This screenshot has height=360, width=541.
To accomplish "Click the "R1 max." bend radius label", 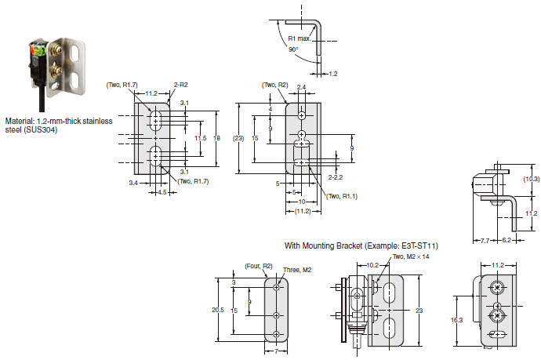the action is (x=300, y=38).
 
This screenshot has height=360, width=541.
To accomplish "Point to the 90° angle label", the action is (x=293, y=49).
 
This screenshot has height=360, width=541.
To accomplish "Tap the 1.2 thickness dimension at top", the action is (x=333, y=74).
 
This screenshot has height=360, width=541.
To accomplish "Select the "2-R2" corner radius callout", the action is (x=181, y=85).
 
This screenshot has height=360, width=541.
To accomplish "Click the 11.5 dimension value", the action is (x=201, y=138).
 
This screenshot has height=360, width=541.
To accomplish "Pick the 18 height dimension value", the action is (x=216, y=138).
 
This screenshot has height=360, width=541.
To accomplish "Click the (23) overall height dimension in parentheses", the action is (x=239, y=138).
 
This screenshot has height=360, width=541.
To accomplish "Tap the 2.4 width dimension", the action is (x=301, y=87).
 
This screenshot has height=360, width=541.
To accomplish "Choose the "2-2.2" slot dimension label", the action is (x=336, y=177).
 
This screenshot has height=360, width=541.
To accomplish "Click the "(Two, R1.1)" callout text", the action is (x=342, y=196).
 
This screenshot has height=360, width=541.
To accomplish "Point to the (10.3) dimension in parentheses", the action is (x=531, y=179).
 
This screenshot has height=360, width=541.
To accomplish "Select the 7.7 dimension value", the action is (x=485, y=240).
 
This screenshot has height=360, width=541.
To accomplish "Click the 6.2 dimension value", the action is (x=507, y=240).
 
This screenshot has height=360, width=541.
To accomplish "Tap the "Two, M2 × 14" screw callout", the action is (x=411, y=256).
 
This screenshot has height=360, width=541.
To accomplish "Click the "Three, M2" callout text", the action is (x=297, y=270).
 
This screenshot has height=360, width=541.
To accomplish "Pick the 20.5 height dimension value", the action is (x=218, y=310).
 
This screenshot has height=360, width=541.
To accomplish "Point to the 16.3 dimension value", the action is (x=456, y=320).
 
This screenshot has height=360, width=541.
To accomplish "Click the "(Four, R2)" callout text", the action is (x=259, y=266).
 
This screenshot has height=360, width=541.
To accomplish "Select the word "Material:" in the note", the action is (x=20, y=121).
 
